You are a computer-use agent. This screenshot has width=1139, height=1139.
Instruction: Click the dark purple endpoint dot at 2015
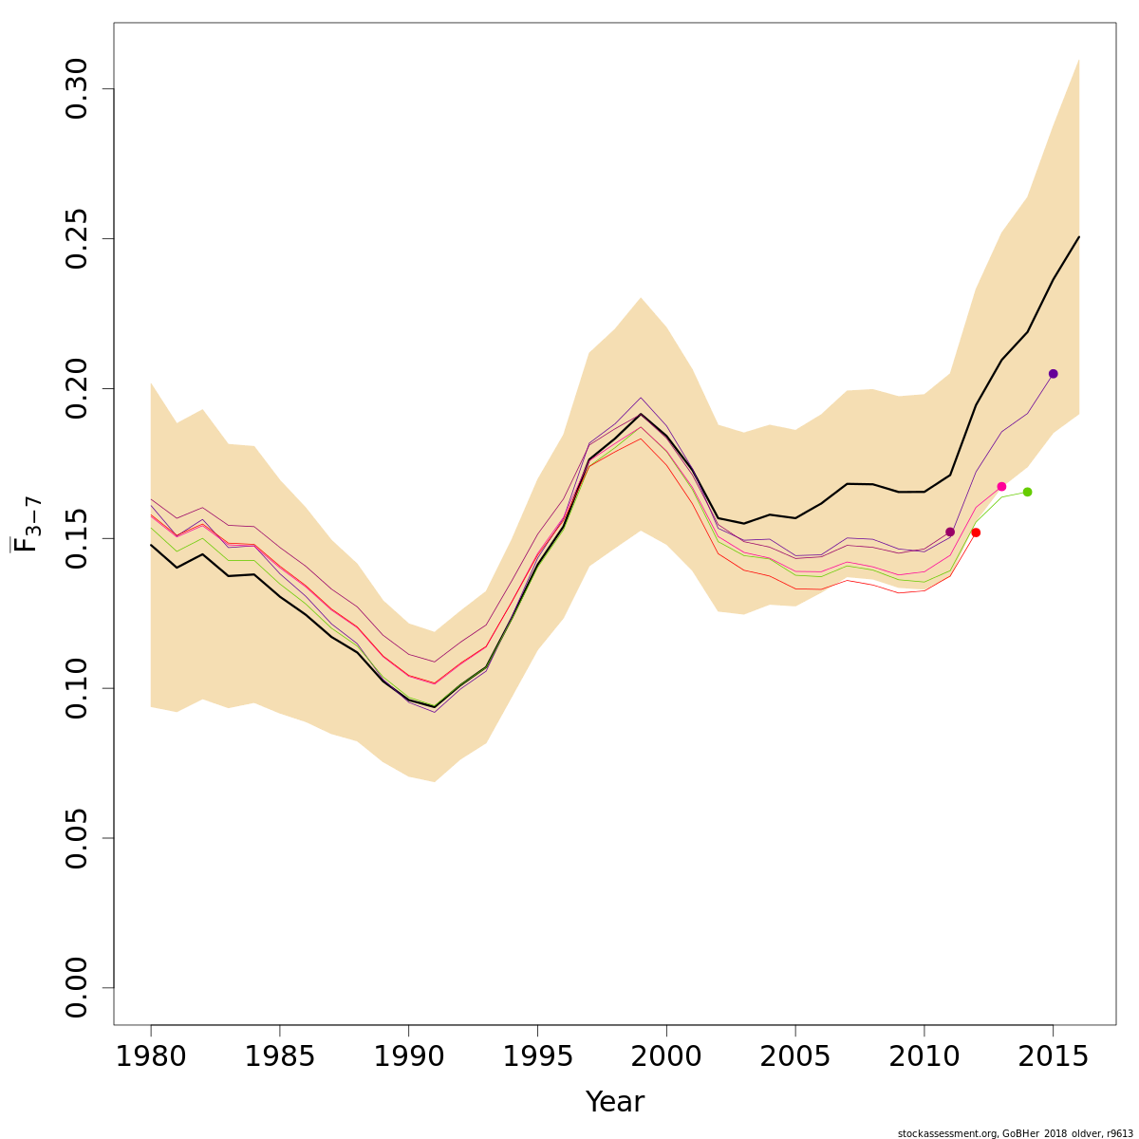[1053, 374]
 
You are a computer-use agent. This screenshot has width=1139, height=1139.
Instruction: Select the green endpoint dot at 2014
[1027, 492]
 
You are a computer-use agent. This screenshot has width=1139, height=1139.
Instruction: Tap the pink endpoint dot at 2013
[1001, 487]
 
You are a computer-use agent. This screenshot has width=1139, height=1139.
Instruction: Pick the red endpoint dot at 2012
[976, 532]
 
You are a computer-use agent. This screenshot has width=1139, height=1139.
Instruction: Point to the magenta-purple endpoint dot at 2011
[950, 532]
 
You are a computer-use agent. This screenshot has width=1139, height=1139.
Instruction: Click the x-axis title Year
[615, 1102]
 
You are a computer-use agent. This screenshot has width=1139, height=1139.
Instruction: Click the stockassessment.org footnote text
[1015, 1133]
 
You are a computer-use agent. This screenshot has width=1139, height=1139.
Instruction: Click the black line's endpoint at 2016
[1078, 237]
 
